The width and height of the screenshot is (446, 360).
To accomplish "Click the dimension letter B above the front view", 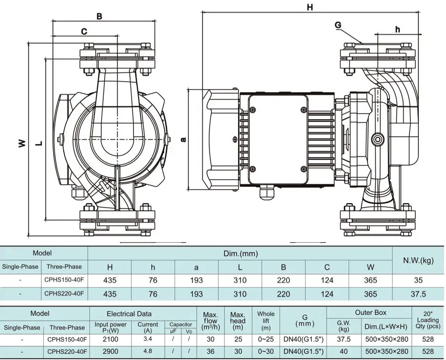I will pos(99,16).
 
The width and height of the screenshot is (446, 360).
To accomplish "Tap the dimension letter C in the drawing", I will pos(84,31).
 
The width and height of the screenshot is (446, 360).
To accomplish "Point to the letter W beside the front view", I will pos(22,144).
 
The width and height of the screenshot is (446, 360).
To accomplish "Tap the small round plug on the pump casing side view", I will pos(378,139).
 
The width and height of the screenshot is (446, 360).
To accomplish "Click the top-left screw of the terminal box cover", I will pos(253,109).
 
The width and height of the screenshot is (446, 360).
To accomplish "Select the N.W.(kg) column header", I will pos(418,260).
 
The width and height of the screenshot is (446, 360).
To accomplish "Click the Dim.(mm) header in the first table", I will pos(240,253).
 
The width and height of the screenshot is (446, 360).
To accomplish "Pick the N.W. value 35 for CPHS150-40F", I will pos(418,280).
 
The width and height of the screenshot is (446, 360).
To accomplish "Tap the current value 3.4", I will pos(148,339).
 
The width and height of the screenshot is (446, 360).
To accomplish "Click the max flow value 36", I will pos(211,352).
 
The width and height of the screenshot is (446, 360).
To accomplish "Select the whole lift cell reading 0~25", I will pos(266,339).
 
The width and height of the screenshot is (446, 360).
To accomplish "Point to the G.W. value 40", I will pos(344,352).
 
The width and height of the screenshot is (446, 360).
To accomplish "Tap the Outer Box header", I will pos(370,312).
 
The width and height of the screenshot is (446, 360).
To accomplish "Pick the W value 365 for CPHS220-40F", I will pos(370,294).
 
